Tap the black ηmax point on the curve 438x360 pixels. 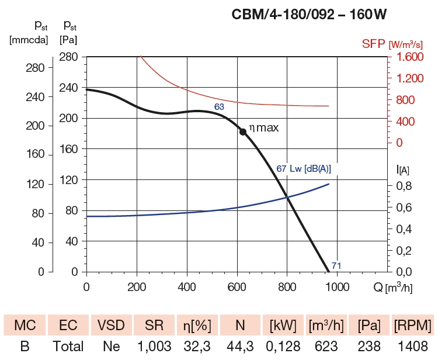point(243,131)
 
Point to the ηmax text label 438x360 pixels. point(265,127)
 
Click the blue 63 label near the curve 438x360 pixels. point(219,107)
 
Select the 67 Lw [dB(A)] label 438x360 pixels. point(304,169)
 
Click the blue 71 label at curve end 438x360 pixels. point(336,266)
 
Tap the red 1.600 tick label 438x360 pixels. point(407,57)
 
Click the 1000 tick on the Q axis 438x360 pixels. point(337,287)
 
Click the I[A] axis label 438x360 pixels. point(403,170)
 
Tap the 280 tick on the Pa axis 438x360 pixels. point(68,57)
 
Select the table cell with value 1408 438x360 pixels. point(412,346)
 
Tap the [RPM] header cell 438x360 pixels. point(412,324)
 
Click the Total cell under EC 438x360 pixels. point(68,346)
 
